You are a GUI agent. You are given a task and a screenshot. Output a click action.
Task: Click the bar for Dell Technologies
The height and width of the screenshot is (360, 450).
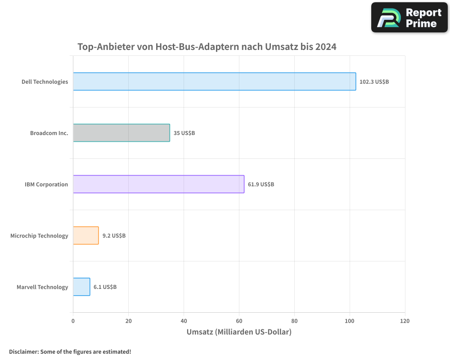coord(214,81)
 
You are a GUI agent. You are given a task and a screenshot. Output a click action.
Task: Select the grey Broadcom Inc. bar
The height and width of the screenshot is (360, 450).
coord(121,133)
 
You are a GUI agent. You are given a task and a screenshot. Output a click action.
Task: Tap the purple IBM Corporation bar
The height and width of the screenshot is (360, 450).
coord(158,184)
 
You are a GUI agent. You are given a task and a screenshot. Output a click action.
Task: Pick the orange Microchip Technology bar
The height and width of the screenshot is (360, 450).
coord(86,235)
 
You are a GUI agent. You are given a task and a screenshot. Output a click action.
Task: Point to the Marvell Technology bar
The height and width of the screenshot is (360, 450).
coord(81,287)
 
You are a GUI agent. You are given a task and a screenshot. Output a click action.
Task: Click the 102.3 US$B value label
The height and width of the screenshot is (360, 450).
coord(374,82)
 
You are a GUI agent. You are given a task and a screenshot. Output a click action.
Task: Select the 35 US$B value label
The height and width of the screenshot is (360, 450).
coord(184,133)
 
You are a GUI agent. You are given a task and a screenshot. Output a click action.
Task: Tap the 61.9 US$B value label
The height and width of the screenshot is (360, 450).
coord(261,184)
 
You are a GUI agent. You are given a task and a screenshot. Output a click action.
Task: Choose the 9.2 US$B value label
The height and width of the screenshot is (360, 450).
coord(114,236)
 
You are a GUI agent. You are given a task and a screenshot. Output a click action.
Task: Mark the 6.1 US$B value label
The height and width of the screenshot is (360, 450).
coord(105,287)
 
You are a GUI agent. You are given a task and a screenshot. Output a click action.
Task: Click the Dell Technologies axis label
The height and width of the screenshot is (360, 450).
coord(45,82)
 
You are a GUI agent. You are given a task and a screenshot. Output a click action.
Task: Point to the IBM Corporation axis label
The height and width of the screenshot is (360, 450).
coord(46,184)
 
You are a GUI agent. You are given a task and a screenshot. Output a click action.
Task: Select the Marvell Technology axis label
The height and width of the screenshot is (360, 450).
coord(42,287)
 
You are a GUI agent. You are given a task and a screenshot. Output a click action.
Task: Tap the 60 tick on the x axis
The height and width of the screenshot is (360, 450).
coord(239,321)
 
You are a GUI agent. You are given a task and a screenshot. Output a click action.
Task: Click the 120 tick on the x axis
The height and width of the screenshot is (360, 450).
coord(405,321)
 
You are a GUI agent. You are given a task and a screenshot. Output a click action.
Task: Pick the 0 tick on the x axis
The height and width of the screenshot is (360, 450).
coord(73,321)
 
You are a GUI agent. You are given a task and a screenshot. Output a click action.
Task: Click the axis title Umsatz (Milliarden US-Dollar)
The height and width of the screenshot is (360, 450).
coord(239,332)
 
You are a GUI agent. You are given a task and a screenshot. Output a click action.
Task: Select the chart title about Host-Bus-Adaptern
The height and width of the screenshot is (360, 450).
coord(207,46)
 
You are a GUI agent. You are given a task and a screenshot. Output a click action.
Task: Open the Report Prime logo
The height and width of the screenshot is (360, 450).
coord(409,18)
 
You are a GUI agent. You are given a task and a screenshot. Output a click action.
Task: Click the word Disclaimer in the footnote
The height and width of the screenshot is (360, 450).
coord(23,351)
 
